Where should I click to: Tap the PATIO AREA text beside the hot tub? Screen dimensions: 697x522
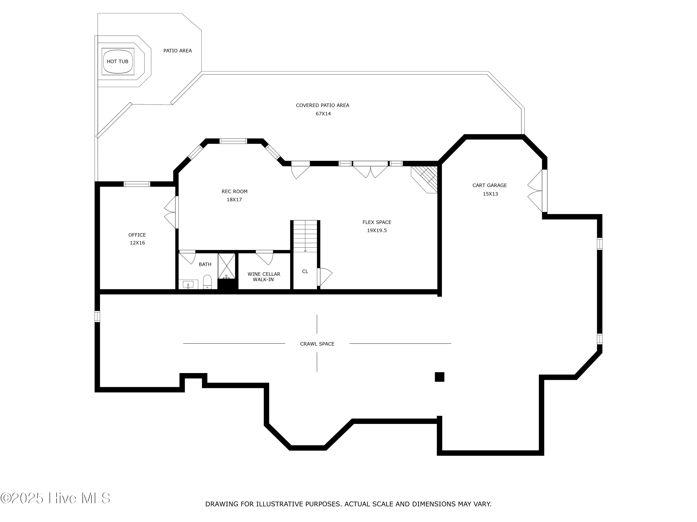tap(178, 51)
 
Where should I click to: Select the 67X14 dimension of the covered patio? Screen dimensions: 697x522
tap(323, 114)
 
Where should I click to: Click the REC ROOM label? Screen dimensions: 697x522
tap(234, 191)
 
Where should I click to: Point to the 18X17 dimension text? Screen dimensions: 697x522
tap(234, 200)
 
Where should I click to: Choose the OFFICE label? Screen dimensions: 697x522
tap(137, 235)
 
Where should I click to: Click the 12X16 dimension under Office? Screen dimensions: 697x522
tap(137, 243)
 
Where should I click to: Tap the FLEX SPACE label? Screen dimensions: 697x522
tap(377, 222)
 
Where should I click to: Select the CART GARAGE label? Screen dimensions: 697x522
tap(490, 185)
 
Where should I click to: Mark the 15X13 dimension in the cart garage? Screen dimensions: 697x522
tap(490, 194)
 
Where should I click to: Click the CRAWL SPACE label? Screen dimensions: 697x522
tap(317, 344)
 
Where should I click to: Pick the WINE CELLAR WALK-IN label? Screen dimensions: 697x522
tap(264, 277)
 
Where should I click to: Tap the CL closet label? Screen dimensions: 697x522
tap(305, 271)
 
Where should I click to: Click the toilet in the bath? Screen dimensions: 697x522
tap(207, 282)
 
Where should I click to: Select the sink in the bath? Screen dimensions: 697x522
tap(188, 284)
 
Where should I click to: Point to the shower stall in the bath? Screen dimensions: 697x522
tap(227, 266)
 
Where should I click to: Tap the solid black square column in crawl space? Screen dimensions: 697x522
tap(440, 377)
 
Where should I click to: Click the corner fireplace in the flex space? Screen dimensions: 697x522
tap(425, 179)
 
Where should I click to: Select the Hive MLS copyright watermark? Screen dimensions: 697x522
tap(56, 498)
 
